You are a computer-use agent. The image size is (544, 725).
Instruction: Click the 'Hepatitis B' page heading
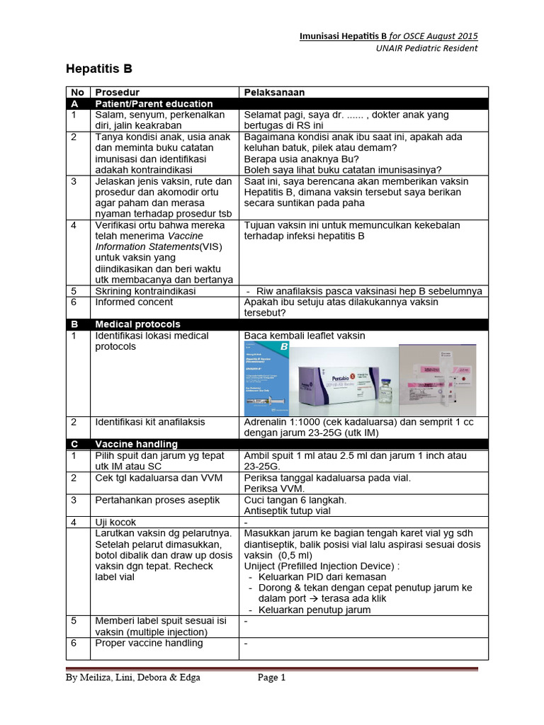coord(98,69)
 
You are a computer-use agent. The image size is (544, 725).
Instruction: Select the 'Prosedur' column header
coord(117,93)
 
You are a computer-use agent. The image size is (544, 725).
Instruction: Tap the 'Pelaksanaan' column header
coord(275,93)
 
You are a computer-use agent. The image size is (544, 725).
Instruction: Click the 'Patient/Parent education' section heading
coord(154,103)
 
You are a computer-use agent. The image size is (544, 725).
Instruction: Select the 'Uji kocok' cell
coord(116,523)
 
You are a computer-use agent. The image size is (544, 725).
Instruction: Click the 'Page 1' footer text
coord(271,678)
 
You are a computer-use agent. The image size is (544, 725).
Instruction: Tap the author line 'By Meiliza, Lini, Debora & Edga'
coord(133,678)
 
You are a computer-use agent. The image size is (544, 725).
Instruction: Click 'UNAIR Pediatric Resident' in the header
coord(426,48)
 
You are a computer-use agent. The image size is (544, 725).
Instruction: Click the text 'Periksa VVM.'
coord(273,489)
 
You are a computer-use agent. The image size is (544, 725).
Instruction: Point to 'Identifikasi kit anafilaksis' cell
coord(150,422)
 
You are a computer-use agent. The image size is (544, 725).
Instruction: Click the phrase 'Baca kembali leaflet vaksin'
coord(305,336)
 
